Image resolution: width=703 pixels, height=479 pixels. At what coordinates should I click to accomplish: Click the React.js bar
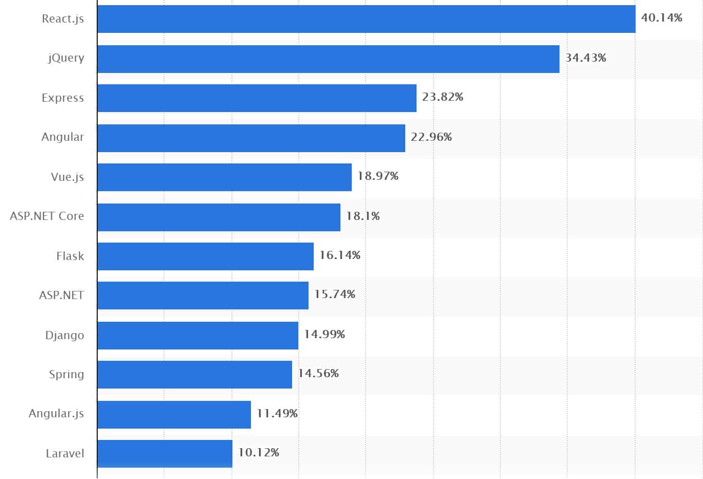click(x=366, y=19)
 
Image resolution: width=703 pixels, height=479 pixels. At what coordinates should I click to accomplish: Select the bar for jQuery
click(x=328, y=59)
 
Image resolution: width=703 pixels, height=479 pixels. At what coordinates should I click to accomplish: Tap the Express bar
click(x=257, y=98)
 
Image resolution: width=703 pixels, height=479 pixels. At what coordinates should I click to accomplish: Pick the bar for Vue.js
click(x=224, y=177)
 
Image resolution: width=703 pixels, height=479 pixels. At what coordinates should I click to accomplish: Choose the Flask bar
click(x=205, y=256)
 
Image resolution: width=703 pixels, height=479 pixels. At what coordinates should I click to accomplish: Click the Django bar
click(x=197, y=336)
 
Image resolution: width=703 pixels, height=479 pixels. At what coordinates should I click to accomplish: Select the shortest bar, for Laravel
click(x=165, y=454)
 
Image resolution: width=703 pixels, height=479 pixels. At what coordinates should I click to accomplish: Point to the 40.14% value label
click(x=661, y=18)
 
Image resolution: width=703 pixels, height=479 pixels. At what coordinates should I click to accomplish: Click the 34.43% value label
click(x=585, y=58)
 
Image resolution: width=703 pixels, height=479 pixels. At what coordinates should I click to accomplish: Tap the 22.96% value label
click(x=431, y=137)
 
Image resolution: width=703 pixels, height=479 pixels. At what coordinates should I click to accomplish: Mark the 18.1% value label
click(x=363, y=216)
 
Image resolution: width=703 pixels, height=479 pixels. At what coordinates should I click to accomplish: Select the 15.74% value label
click(x=334, y=294)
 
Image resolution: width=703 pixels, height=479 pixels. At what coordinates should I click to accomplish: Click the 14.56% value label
click(x=318, y=374)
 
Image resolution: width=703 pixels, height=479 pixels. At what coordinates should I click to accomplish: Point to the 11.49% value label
click(x=277, y=414)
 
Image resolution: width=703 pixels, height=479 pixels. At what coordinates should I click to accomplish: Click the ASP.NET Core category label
click(x=47, y=216)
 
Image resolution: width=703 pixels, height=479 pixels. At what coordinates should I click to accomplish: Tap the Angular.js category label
click(x=56, y=414)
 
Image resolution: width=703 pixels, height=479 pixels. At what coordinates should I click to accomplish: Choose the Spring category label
click(x=66, y=375)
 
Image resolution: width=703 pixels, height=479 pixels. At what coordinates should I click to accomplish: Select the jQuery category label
click(x=66, y=58)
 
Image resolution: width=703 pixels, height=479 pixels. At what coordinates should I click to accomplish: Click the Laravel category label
click(x=65, y=454)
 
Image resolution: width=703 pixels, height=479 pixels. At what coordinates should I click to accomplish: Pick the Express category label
click(x=63, y=98)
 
